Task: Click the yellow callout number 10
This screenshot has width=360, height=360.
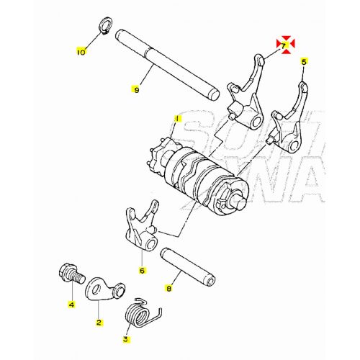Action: (81, 52)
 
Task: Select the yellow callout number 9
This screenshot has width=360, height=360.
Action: (135, 89)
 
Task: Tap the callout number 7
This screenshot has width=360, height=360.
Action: (284, 46)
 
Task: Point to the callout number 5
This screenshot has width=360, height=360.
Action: (304, 63)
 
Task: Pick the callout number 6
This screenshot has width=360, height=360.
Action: (142, 271)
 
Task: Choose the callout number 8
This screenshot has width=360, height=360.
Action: (168, 289)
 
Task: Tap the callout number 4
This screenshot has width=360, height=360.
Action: (71, 305)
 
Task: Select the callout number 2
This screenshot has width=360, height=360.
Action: (99, 324)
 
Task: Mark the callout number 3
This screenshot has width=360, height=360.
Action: (125, 338)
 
